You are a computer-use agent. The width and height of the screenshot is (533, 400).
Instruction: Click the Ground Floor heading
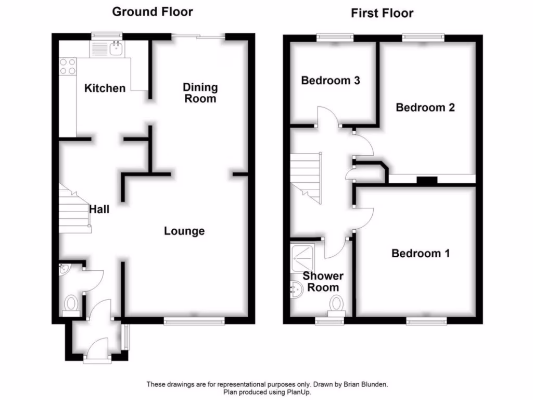click(x=153, y=11)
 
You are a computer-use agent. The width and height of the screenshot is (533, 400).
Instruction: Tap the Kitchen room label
click(x=105, y=88)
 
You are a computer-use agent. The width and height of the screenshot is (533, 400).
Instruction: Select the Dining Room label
click(x=200, y=93)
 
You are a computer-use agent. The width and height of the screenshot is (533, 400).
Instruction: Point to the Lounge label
click(x=184, y=231)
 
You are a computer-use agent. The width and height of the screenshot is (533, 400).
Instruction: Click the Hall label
click(x=99, y=209)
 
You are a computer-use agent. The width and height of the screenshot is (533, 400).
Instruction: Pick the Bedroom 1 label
click(x=421, y=254)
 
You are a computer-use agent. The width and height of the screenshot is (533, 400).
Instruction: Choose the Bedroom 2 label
click(x=425, y=107)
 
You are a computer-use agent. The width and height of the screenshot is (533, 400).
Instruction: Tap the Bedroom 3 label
click(x=331, y=81)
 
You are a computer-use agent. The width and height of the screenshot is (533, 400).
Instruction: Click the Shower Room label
click(x=323, y=281)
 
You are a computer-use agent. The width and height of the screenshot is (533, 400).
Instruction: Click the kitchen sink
click(x=116, y=49)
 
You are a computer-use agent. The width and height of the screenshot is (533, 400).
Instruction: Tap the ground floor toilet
click(x=71, y=304)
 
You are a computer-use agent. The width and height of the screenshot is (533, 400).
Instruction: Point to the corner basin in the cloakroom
click(x=64, y=269)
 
